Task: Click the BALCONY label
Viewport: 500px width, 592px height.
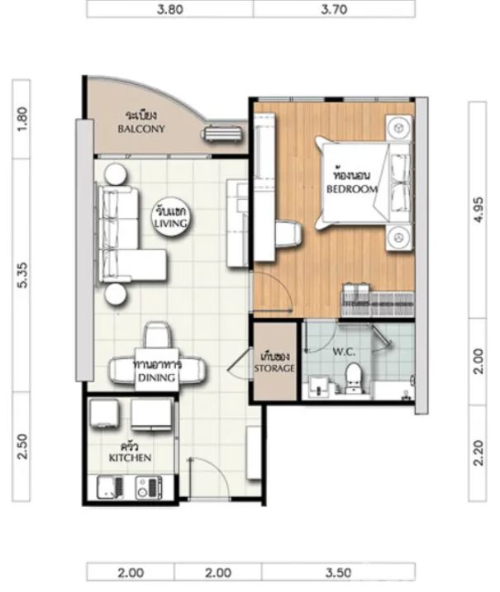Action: pos(141,129)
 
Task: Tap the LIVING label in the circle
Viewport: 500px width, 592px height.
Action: pos(171,223)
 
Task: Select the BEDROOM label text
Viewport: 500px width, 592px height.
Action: pos(352,189)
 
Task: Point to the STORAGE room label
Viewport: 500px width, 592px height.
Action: pos(274,367)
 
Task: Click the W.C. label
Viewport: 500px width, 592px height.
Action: pos(344,352)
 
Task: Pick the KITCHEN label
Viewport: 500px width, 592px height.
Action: pos(130,457)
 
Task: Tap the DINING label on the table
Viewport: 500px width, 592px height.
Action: pos(156,377)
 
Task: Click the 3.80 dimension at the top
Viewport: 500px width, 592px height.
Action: pos(170,9)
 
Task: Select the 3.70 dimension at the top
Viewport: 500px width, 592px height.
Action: pos(334,9)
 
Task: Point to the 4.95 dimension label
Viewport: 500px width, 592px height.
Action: pos(478,210)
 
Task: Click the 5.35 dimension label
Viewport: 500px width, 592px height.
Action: pos(22,275)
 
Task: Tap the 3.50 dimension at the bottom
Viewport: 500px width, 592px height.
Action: pos(338,572)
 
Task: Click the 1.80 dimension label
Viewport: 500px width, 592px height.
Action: pos(22,119)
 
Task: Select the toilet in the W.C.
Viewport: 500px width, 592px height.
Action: pos(354,378)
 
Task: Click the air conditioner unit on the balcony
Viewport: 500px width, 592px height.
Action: pos(223,133)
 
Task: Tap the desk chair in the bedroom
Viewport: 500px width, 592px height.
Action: pos(288,234)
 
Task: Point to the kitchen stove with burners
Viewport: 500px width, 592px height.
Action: pos(149,487)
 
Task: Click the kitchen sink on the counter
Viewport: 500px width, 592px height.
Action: pos(110,487)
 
